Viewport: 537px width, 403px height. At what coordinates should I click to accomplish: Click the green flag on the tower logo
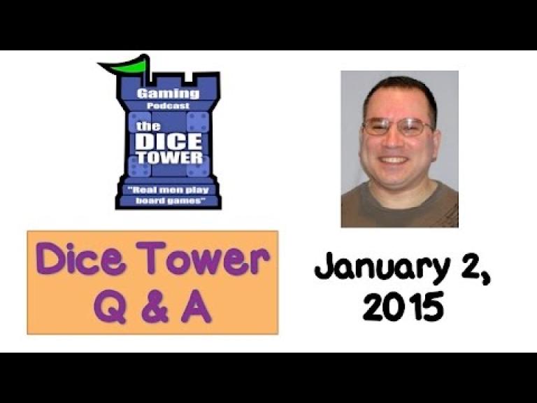coord(125,65)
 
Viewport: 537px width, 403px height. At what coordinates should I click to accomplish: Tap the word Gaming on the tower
coord(168,94)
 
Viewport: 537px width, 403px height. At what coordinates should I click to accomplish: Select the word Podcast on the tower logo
coord(168,106)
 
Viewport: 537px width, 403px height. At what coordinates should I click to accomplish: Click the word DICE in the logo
coord(169,141)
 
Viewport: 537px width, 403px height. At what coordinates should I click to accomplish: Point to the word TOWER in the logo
coord(169,157)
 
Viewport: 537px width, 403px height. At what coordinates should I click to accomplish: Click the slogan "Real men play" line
coord(169,190)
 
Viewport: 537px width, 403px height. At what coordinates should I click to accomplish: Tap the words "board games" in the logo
coord(169,201)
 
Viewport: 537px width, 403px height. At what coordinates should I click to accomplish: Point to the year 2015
coord(403,306)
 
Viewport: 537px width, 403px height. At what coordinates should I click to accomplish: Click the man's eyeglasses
coord(399,126)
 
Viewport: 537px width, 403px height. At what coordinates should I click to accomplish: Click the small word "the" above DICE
coord(148,127)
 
